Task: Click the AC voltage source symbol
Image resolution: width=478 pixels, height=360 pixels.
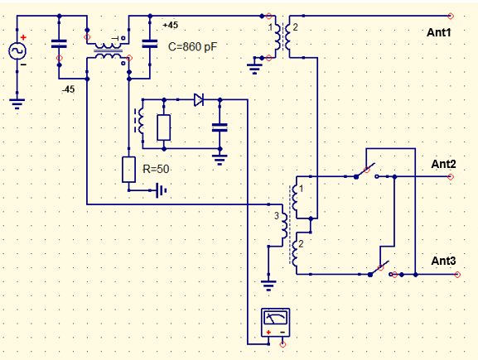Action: coord(17,50)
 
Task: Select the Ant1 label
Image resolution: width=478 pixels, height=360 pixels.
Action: coord(439,32)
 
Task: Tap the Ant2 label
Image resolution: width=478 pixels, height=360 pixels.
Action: coord(443,164)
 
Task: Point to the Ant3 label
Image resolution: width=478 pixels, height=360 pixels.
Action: coord(443,261)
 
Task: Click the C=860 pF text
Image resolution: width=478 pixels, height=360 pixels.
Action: coord(192,47)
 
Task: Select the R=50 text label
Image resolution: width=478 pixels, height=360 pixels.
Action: coord(156,169)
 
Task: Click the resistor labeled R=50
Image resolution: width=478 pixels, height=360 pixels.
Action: coord(128,170)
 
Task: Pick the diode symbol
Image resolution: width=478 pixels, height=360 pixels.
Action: coord(199,99)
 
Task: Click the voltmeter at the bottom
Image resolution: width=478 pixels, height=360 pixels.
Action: coord(275,323)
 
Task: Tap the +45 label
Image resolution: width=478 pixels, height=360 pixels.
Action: coord(171,25)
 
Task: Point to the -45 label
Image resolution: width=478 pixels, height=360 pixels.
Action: coord(68,89)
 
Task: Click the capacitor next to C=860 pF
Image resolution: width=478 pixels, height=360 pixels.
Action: coord(150,44)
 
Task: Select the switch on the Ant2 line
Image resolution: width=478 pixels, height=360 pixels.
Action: coord(366,172)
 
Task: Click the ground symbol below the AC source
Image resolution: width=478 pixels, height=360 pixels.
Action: coord(17,103)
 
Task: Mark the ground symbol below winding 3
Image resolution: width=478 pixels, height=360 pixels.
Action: coord(268,286)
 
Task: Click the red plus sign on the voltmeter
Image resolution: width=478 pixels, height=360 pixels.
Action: coord(268,333)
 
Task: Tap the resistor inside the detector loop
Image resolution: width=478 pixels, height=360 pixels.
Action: coord(164,127)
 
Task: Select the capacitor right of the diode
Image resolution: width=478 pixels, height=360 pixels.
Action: coord(220,127)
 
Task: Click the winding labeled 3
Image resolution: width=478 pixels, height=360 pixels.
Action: coord(284,225)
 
